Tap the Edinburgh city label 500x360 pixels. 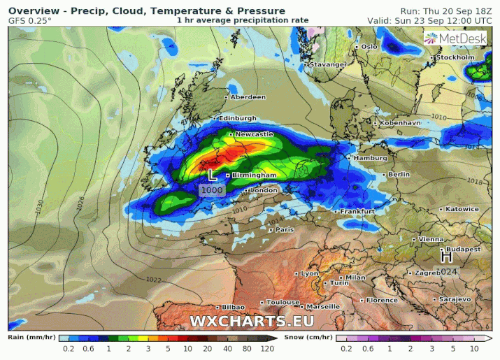[x=237, y=118]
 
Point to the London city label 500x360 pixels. [x=264, y=190]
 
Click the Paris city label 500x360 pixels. [x=284, y=229]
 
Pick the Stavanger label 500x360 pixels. [x=328, y=64]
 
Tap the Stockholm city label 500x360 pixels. [x=455, y=57]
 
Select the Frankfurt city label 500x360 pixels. [x=357, y=211]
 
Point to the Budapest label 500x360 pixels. [x=463, y=249]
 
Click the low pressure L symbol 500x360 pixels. [x=212, y=173]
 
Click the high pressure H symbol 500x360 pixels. [x=446, y=257]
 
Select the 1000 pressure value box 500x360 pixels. [x=211, y=190]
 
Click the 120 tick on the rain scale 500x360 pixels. [x=267, y=347]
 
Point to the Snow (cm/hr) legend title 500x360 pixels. [x=309, y=336]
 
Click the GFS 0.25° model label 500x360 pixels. [x=30, y=21]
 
